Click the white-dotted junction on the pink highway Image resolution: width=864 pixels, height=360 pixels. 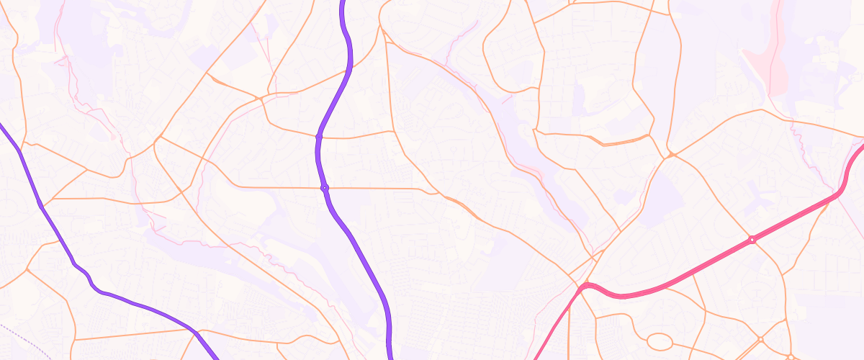point(752,240)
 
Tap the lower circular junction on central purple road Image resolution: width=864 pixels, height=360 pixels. point(324,188)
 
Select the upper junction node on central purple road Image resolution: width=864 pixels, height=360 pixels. point(318,135)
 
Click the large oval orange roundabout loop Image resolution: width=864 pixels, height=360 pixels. point(660,342)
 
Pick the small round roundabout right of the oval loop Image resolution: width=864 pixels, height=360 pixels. point(760,339)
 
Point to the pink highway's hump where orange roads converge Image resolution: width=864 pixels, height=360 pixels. point(587,286)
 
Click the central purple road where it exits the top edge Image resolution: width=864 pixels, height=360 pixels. point(342,3)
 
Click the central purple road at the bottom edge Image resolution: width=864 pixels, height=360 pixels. point(390,356)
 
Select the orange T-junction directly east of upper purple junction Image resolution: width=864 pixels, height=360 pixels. point(393,131)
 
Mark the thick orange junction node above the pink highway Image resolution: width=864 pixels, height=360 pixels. point(671,154)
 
